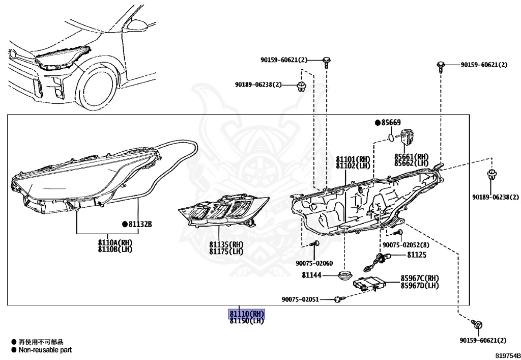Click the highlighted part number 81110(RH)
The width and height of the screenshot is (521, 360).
[247, 314]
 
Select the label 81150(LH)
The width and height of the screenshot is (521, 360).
[247, 321]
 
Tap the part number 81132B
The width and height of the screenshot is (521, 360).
[140, 224]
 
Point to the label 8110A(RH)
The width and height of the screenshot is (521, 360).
[115, 242]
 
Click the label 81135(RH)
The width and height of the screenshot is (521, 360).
[226, 244]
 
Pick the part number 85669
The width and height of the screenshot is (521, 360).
[391, 123]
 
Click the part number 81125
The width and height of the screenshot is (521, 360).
[416, 254]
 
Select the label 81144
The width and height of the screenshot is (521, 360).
[312, 275]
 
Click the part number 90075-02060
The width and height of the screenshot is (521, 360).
[314, 263]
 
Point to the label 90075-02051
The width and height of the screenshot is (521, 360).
[300, 299]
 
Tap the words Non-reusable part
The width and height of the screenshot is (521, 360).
[45, 350]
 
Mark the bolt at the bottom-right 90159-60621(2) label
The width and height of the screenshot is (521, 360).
[477, 324]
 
